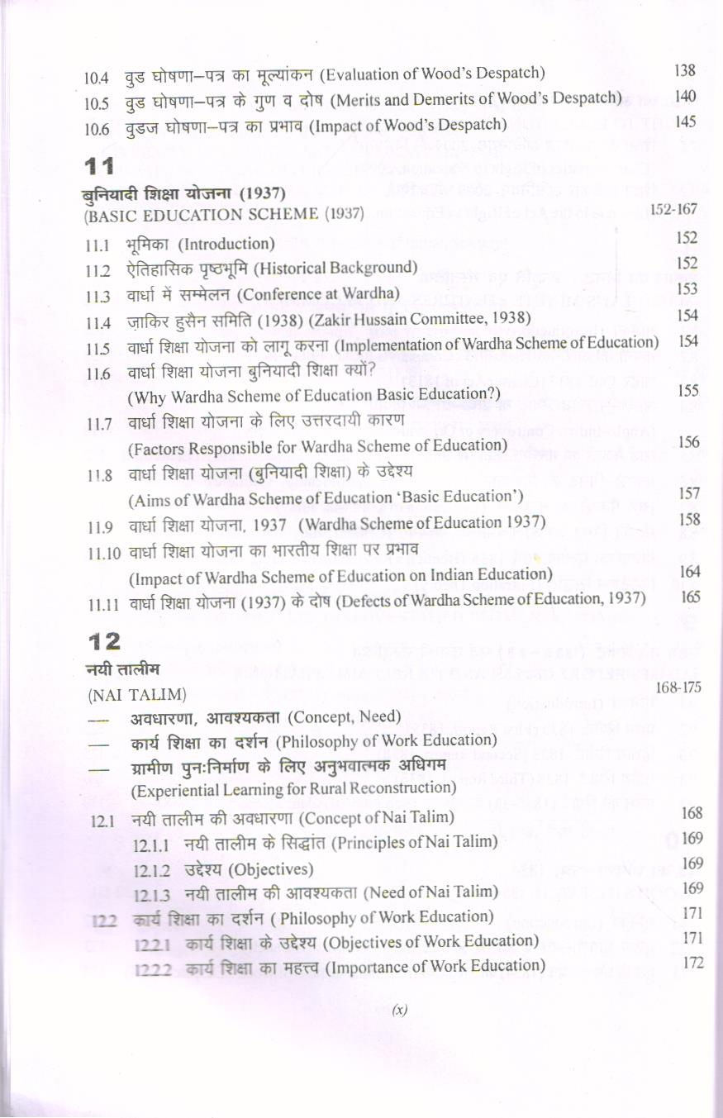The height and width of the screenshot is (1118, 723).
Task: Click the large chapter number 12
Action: click(x=103, y=641)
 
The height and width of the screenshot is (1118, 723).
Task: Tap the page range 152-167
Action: click(x=674, y=210)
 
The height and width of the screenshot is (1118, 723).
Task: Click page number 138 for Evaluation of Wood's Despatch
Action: click(x=685, y=70)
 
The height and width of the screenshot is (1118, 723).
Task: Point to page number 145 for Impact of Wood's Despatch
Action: click(x=685, y=122)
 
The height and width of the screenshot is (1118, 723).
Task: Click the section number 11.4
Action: click(x=98, y=320)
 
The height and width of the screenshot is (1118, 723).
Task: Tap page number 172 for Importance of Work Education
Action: click(x=692, y=963)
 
